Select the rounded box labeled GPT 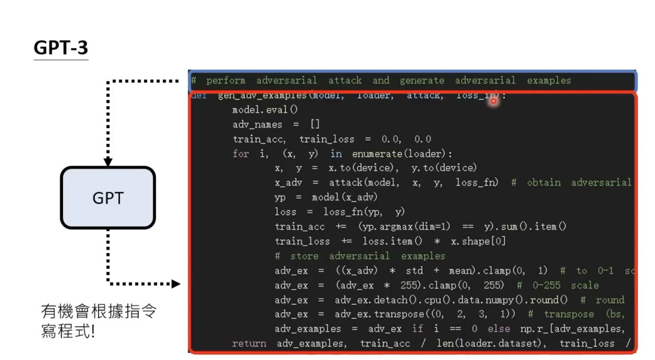click(108, 198)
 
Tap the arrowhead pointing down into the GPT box click(108, 162)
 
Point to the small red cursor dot click(493, 101)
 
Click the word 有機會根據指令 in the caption click(99, 312)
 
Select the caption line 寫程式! click(68, 331)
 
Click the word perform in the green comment click(226, 81)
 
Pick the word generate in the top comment click(421, 81)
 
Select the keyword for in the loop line click(241, 154)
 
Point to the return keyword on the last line click(249, 344)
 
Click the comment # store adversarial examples click(359, 256)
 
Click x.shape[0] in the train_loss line click(478, 242)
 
